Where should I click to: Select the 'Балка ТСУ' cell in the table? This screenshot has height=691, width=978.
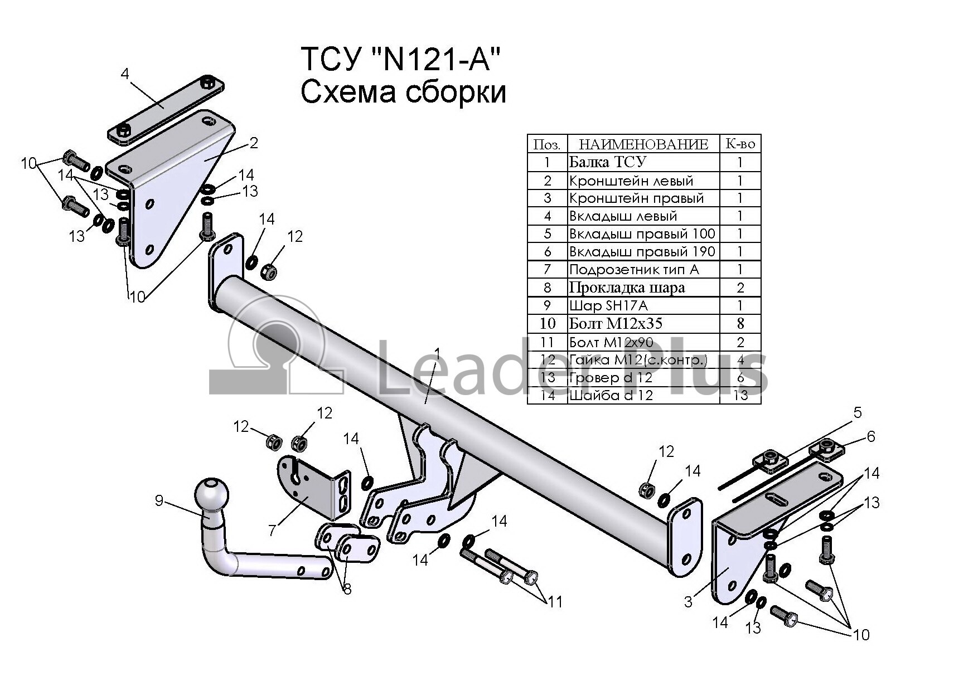click(x=607, y=162)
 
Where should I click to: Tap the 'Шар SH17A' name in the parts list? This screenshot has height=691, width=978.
click(x=608, y=305)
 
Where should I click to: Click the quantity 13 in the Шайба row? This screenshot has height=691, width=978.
click(x=740, y=396)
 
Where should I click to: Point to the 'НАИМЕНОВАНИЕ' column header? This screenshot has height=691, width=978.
click(x=643, y=144)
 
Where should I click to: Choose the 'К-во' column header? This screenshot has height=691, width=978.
click(x=740, y=144)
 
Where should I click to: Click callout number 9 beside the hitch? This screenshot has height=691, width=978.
click(x=159, y=501)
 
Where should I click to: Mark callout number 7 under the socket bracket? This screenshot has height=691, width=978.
click(x=272, y=530)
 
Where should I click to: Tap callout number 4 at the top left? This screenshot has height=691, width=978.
click(x=124, y=74)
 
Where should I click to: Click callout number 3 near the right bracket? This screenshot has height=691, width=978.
click(x=688, y=602)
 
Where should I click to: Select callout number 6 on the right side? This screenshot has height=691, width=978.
click(x=871, y=436)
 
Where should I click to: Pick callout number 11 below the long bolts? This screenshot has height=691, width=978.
click(x=555, y=602)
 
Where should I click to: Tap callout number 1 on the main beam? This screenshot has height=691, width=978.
click(x=437, y=354)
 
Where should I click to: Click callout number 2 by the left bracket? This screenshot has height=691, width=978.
click(x=254, y=143)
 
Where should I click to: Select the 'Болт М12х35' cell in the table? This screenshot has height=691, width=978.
click(x=616, y=324)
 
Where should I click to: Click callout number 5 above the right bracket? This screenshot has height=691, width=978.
click(x=858, y=413)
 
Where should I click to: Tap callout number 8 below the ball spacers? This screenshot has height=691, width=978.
click(x=347, y=589)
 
